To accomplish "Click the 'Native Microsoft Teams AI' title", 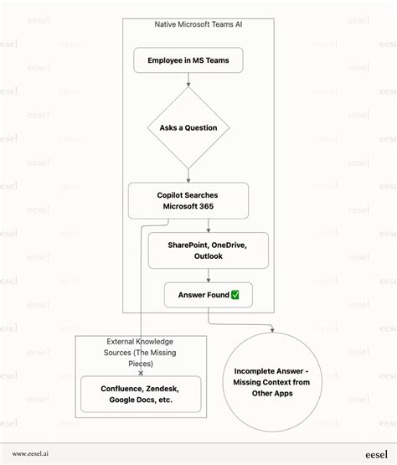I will point(198,25).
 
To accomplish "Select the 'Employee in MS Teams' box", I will point(188,60).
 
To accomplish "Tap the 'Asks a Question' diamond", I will point(188,127).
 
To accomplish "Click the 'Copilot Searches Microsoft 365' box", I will point(188,200).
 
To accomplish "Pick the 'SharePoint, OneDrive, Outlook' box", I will point(209,250).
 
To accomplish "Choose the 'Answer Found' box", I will point(209,295).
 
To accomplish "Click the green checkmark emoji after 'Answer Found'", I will point(235,295).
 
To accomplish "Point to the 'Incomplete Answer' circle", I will point(272,376).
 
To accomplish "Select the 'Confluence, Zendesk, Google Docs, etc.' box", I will point(141,395).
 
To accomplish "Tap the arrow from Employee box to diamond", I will point(188,80).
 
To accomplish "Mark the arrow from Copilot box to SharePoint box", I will point(209,225).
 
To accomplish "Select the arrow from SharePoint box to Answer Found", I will point(209,276).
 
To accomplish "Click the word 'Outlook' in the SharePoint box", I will point(209,256).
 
